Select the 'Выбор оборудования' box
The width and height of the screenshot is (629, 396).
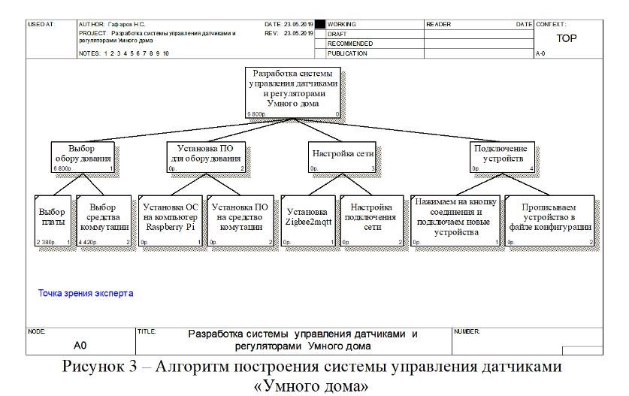coord(83,156)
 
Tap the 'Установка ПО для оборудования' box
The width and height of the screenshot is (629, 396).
coord(205,156)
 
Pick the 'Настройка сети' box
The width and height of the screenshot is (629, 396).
coord(343,156)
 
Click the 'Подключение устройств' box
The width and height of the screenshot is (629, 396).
coord(500,156)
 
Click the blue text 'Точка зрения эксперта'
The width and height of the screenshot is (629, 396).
coord(86,292)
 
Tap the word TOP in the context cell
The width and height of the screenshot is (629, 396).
coord(567,38)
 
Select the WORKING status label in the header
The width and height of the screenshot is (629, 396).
coord(343,25)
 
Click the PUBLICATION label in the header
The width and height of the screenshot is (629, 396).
coord(347,53)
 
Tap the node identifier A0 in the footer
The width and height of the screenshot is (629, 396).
coord(80,346)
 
